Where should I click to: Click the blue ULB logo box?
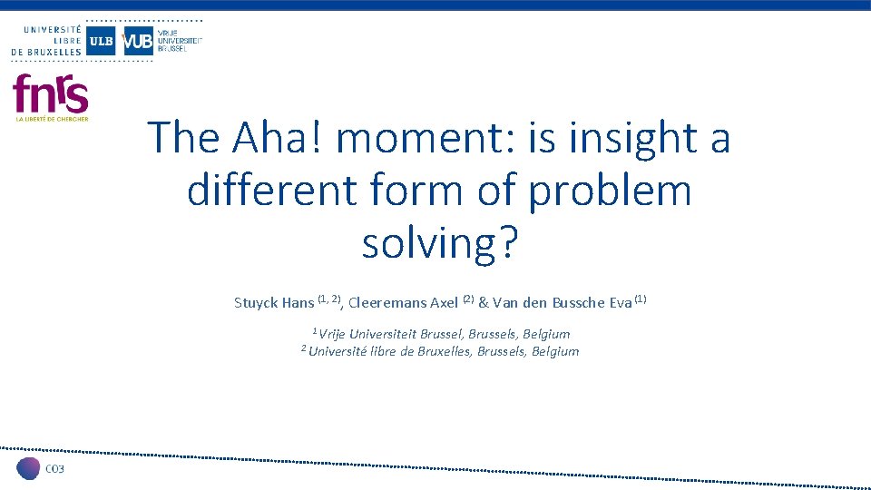[x=101, y=40]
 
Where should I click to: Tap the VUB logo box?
[x=137, y=40]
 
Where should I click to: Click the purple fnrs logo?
[x=51, y=94]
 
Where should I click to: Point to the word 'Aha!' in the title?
[x=277, y=138]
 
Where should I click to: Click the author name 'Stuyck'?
[x=256, y=303]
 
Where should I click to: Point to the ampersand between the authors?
[x=484, y=303]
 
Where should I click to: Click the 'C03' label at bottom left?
[x=55, y=468]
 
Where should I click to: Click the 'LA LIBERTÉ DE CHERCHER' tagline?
[x=52, y=119]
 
